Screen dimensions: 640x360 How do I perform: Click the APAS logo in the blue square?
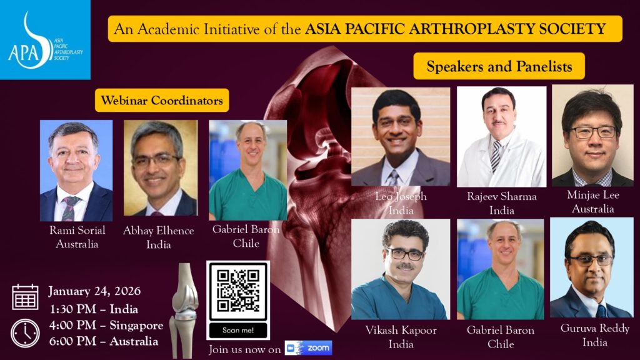(45, 40)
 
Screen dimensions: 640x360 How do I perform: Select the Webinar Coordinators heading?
(162, 101)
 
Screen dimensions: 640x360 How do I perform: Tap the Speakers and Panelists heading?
(499, 66)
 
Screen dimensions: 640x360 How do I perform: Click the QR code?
(238, 291)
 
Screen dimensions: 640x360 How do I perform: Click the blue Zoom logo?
(309, 347)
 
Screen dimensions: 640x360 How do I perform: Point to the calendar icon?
(25, 297)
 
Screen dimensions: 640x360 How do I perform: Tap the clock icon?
(25, 333)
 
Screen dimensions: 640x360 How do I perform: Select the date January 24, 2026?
(94, 291)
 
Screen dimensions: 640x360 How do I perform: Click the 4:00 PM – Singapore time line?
(106, 325)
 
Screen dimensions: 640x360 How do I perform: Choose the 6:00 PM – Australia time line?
(104, 341)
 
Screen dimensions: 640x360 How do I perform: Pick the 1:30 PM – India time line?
(94, 309)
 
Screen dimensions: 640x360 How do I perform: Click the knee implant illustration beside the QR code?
(184, 310)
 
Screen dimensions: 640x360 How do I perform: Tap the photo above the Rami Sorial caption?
(76, 171)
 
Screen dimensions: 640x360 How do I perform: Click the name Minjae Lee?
(593, 195)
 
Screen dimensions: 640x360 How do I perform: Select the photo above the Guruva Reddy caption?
(591, 267)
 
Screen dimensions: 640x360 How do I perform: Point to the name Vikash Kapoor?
(401, 330)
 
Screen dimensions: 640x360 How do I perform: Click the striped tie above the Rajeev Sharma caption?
(496, 156)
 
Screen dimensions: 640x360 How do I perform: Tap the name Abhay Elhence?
(158, 231)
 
